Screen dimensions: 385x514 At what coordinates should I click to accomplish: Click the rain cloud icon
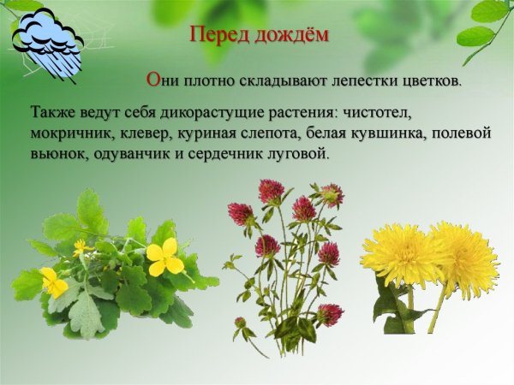47,43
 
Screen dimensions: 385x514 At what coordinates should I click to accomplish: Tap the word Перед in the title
218,36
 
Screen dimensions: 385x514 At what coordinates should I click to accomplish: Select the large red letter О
153,80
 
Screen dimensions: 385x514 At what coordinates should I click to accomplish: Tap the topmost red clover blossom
272,191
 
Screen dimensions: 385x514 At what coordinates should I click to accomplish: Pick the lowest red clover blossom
240,323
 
